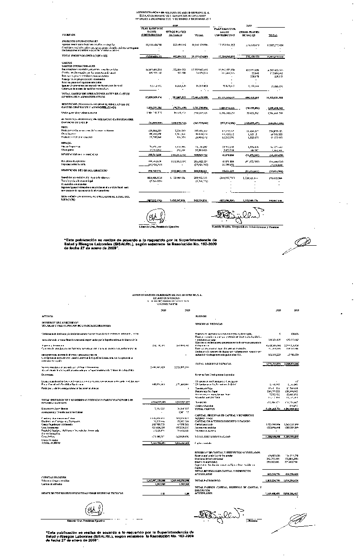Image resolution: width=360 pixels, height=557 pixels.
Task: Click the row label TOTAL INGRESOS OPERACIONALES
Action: [86, 56]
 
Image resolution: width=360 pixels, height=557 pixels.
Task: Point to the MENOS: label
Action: [66, 144]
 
